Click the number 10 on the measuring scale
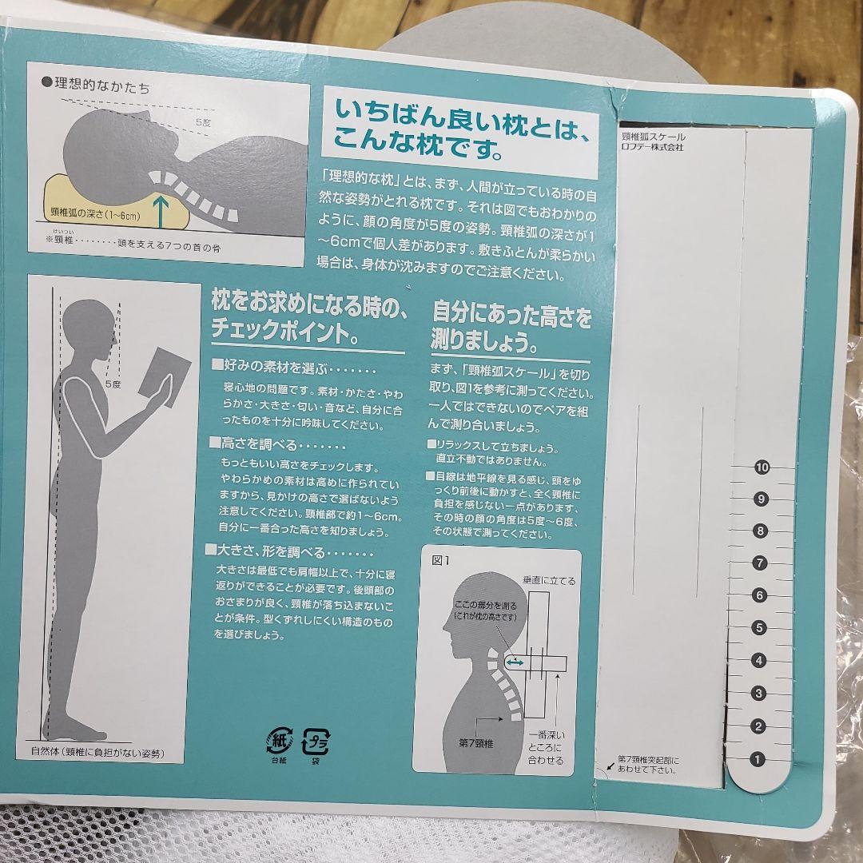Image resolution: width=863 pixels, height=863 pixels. pyautogui.click(x=762, y=467)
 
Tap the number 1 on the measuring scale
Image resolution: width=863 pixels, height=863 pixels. pyautogui.click(x=758, y=760)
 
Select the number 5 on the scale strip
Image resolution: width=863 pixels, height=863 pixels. pyautogui.click(x=760, y=628)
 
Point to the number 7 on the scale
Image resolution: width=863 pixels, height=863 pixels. pyautogui.click(x=760, y=563)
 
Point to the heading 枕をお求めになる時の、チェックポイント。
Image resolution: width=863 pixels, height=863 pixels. pyautogui.click(x=308, y=316)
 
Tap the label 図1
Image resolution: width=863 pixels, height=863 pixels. pyautogui.click(x=440, y=560)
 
